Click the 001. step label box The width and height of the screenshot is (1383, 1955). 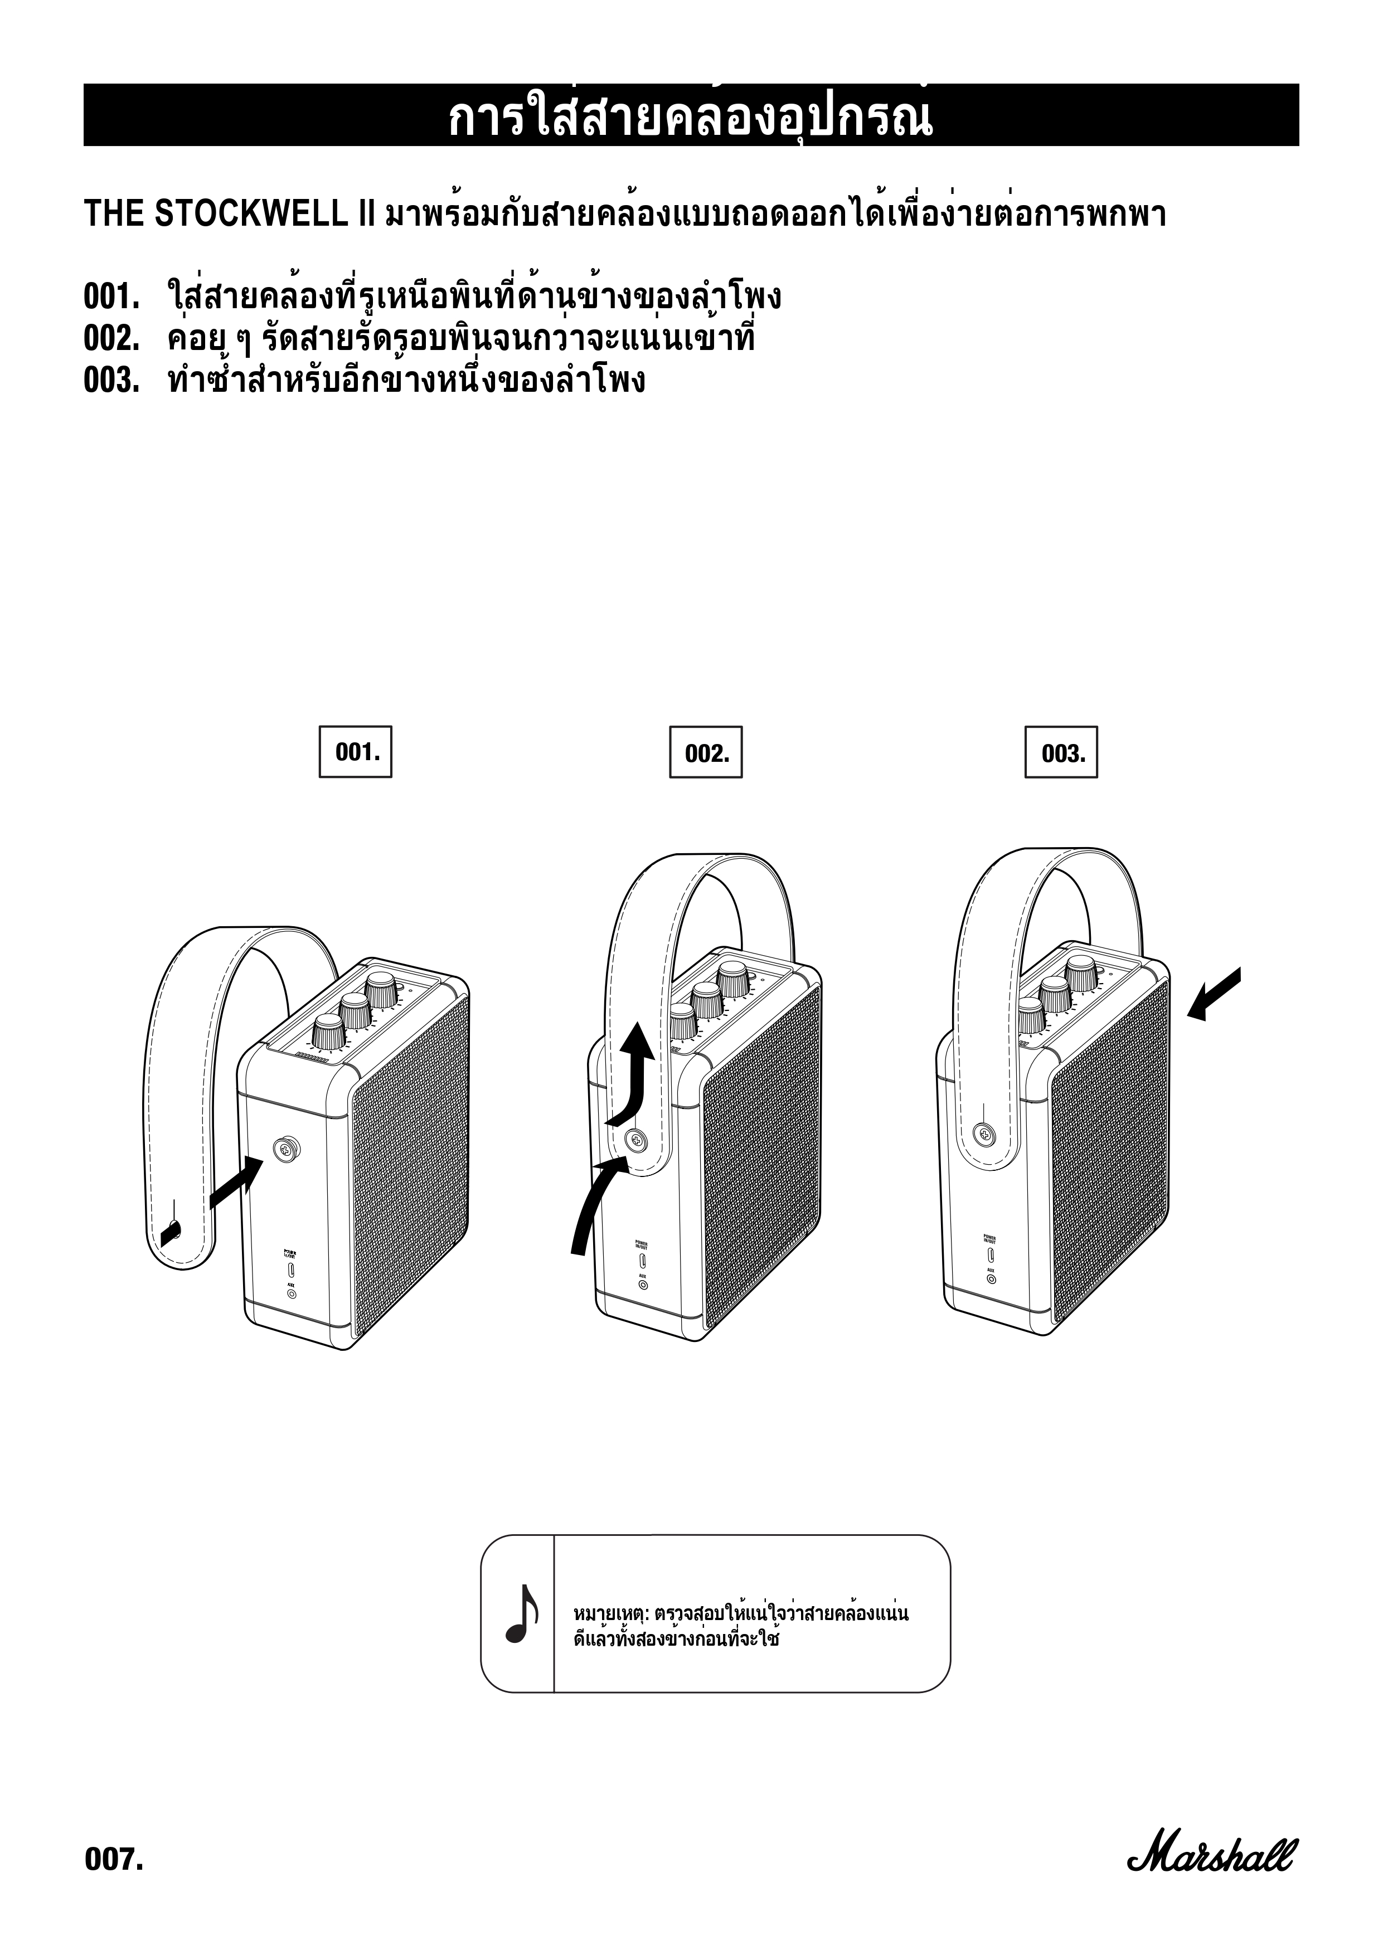coord(355,752)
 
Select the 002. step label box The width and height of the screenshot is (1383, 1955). coord(706,752)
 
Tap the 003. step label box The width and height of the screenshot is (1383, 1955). coord(1061,752)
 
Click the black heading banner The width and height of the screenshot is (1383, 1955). coord(691,115)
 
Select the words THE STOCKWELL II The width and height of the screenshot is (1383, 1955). coord(230,215)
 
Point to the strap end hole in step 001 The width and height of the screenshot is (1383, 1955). coord(172,1229)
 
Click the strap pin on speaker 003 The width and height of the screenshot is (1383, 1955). coord(986,1134)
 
